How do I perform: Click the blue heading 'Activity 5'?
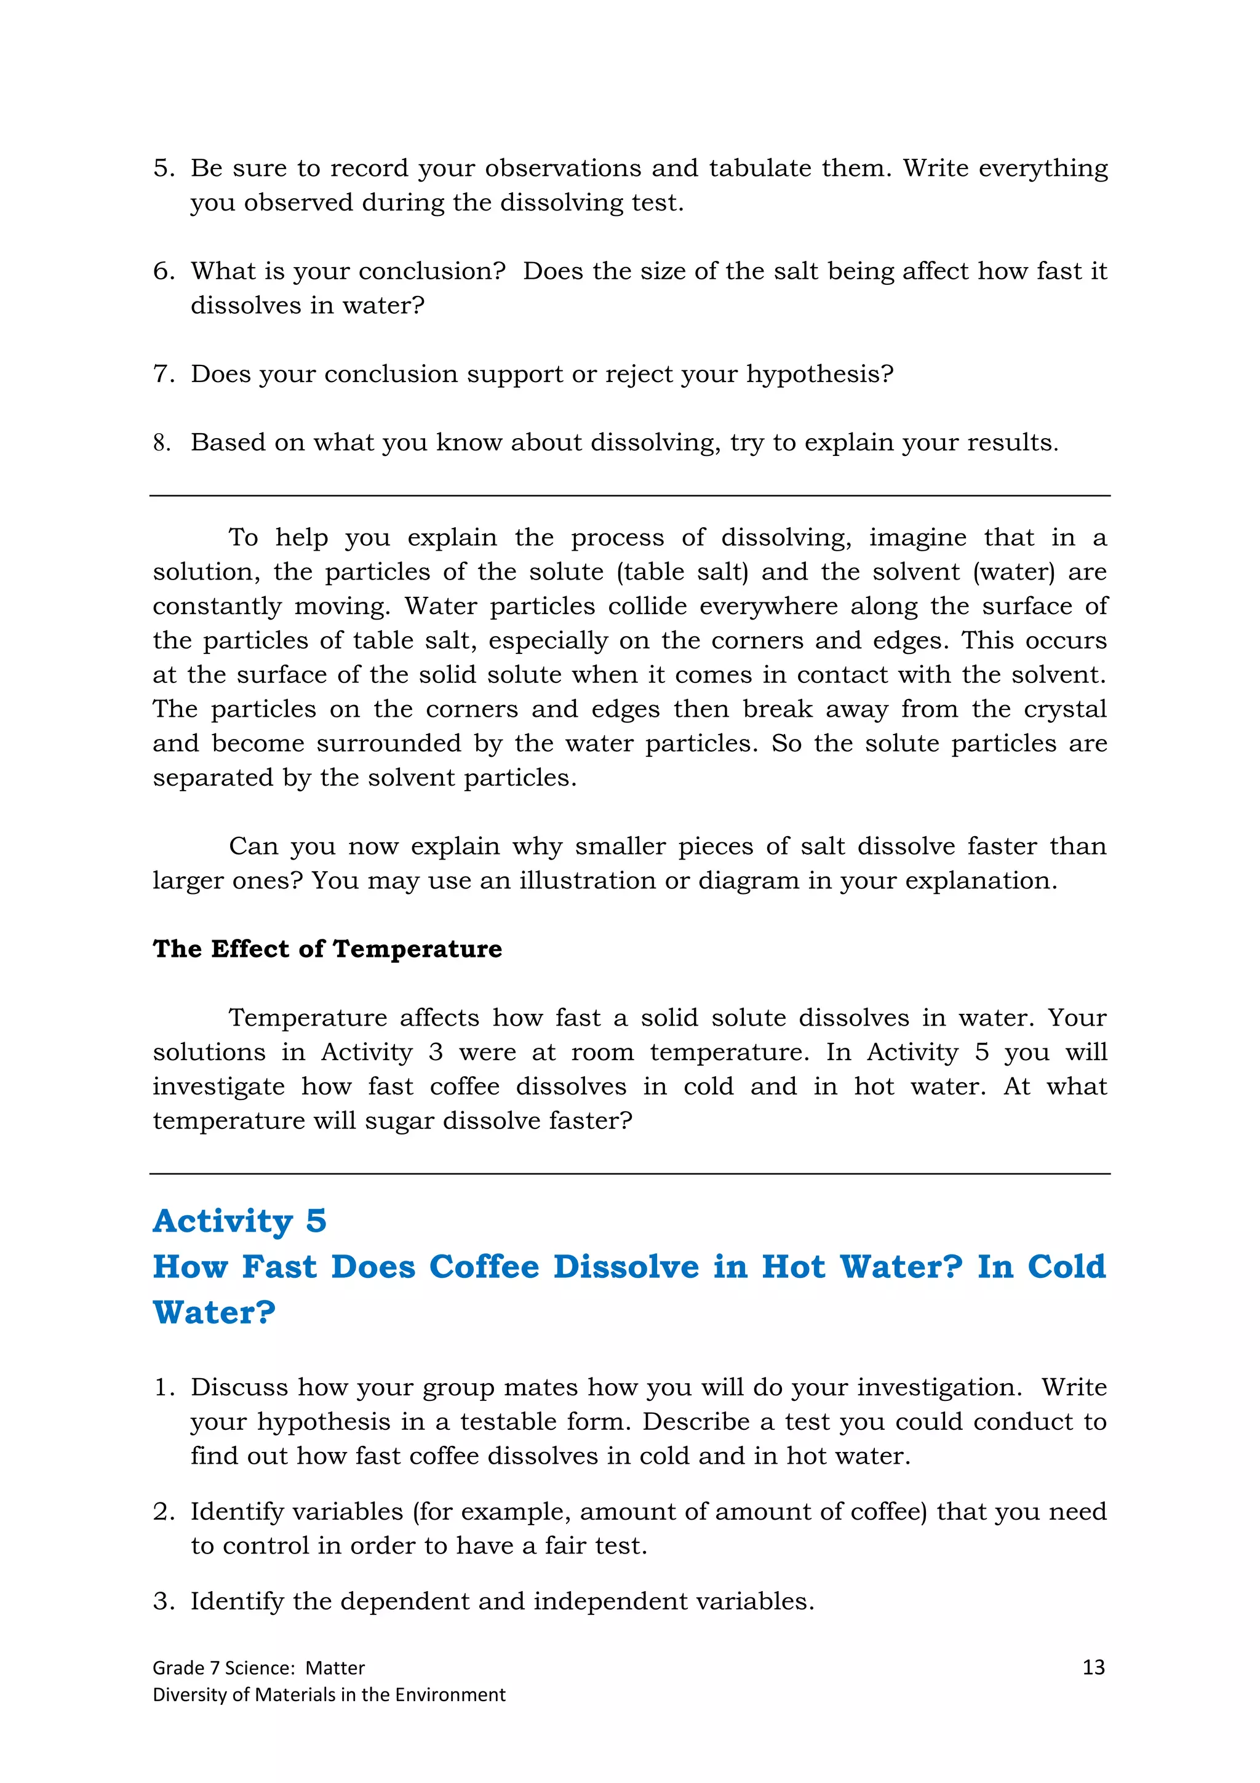click(239, 1221)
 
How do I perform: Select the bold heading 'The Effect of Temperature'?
click(327, 949)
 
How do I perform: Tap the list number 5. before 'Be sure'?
click(164, 168)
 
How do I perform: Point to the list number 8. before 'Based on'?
click(161, 442)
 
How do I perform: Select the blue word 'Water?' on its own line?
click(213, 1313)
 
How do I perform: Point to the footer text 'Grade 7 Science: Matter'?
click(258, 1668)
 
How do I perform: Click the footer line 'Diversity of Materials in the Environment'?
click(329, 1694)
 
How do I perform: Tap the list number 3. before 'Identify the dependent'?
click(164, 1602)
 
